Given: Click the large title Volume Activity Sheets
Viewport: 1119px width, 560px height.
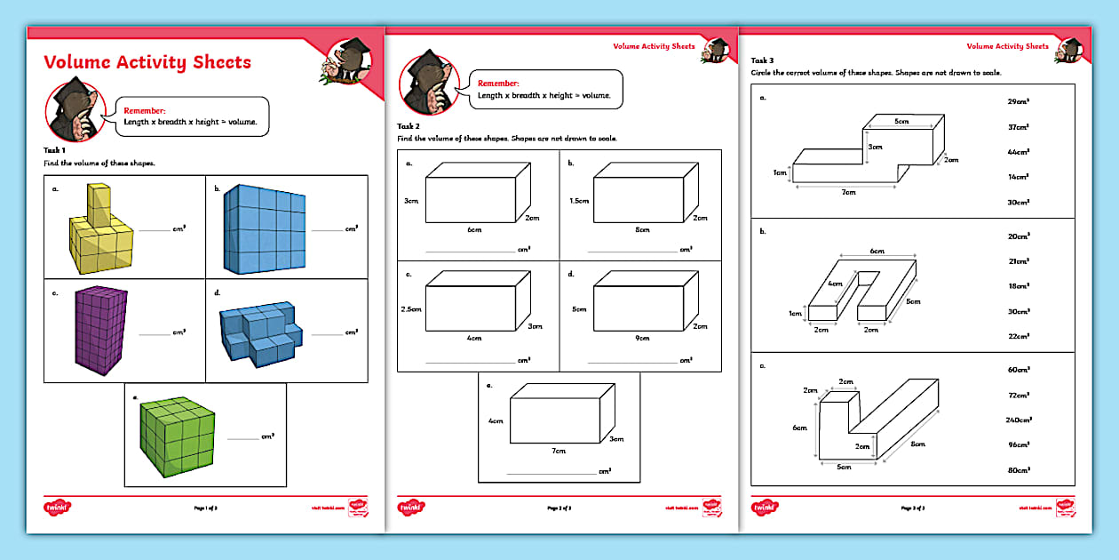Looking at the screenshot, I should (x=147, y=62).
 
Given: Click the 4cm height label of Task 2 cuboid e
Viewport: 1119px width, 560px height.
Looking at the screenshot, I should (x=496, y=420).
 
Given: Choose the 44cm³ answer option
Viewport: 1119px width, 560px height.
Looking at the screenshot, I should (x=1017, y=152).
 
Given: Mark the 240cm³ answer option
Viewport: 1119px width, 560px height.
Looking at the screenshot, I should (x=1019, y=419).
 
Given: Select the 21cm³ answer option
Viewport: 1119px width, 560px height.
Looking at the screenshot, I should (x=1018, y=261).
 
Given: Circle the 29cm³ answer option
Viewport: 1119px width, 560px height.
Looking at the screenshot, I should (x=1018, y=101).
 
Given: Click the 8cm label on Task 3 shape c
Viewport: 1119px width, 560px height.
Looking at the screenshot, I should (x=917, y=444).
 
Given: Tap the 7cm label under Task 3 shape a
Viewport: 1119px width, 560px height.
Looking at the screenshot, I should (x=848, y=191).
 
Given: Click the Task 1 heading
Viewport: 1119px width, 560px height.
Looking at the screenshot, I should (x=54, y=150).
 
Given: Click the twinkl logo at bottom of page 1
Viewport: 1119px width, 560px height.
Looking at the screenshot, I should (x=58, y=508).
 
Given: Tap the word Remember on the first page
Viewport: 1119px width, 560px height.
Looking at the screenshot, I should (x=144, y=110).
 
